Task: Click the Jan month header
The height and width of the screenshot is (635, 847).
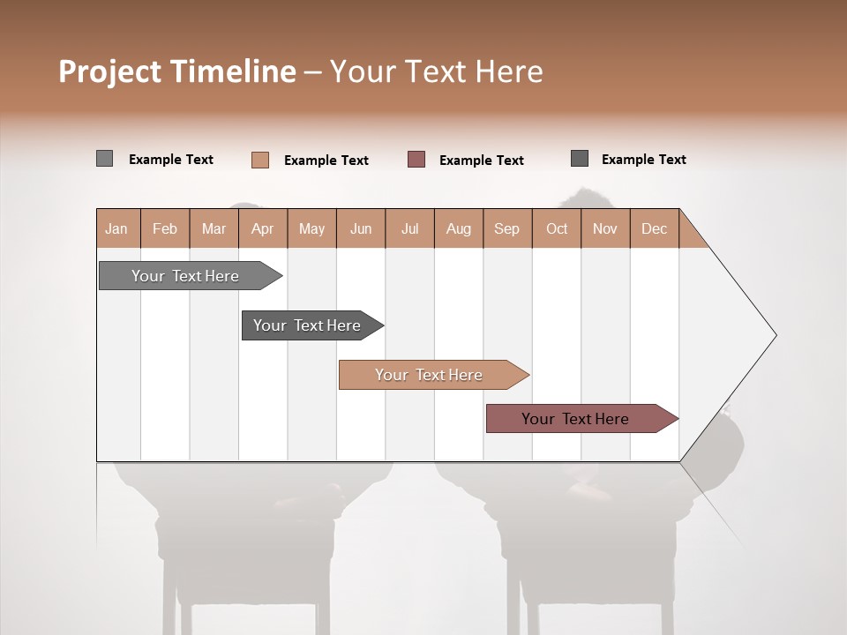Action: pos(116,228)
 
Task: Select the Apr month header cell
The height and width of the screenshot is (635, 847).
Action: pos(262,228)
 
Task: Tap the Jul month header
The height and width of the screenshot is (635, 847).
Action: pos(409,228)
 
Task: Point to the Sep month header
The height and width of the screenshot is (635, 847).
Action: pos(506,228)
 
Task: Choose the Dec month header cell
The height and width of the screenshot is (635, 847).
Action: pos(654,228)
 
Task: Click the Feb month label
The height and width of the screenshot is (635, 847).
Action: pos(165,228)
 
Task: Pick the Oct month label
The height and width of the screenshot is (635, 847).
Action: pos(557,228)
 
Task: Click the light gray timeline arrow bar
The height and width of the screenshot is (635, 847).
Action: pos(185,276)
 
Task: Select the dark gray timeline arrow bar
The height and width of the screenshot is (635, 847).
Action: pos(307,325)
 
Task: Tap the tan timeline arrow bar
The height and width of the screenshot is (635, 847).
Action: pos(429,375)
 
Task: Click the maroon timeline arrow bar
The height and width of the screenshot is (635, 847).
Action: pos(575,419)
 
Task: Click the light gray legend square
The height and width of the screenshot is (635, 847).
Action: pos(104,159)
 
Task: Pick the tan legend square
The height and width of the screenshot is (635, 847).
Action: pos(259,160)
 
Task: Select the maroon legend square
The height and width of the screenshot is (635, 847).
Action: pos(416,159)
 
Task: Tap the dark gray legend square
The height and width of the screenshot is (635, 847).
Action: pos(580,159)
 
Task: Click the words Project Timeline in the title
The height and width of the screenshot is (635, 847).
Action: pos(176,71)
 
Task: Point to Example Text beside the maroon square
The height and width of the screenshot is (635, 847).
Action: pos(482,161)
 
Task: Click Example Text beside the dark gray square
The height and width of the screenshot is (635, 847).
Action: pos(644,160)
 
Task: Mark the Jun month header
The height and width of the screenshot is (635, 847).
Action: pos(361,228)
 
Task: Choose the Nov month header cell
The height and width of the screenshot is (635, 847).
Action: pos(605,228)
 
